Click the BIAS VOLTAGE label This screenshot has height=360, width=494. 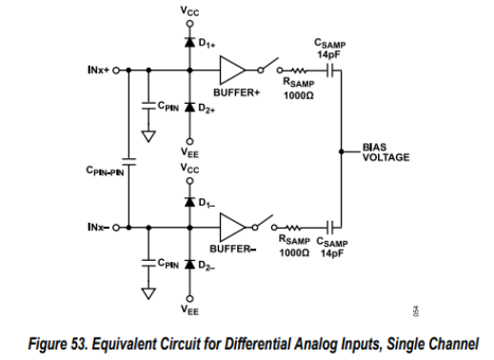pyautogui.click(x=385, y=153)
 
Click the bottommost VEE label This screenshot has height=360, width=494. pyautogui.click(x=190, y=310)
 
